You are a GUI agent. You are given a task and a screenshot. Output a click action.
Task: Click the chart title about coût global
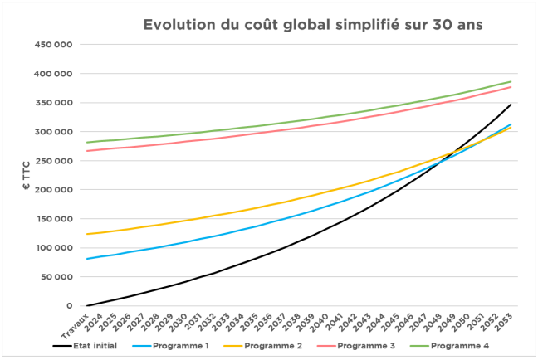(x=313, y=24)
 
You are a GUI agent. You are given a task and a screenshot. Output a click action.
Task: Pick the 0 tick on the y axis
(x=71, y=305)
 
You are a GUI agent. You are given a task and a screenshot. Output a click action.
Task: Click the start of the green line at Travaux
(x=86, y=143)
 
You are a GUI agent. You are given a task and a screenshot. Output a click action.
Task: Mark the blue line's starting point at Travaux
(x=86, y=259)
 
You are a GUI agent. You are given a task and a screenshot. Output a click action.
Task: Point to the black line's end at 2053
(x=510, y=105)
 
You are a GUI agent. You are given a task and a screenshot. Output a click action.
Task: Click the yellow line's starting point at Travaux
(x=86, y=234)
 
